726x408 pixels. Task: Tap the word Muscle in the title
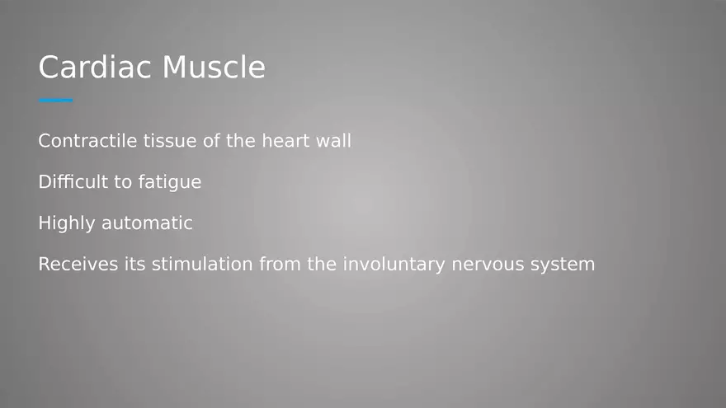(214, 67)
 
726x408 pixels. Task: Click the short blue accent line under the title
(55, 101)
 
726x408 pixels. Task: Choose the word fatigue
(169, 183)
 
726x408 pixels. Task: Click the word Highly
(67, 223)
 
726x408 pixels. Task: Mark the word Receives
(74, 265)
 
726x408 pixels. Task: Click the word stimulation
(202, 265)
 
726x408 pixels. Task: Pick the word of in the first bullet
(212, 141)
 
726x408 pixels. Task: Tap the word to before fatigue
(123, 182)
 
